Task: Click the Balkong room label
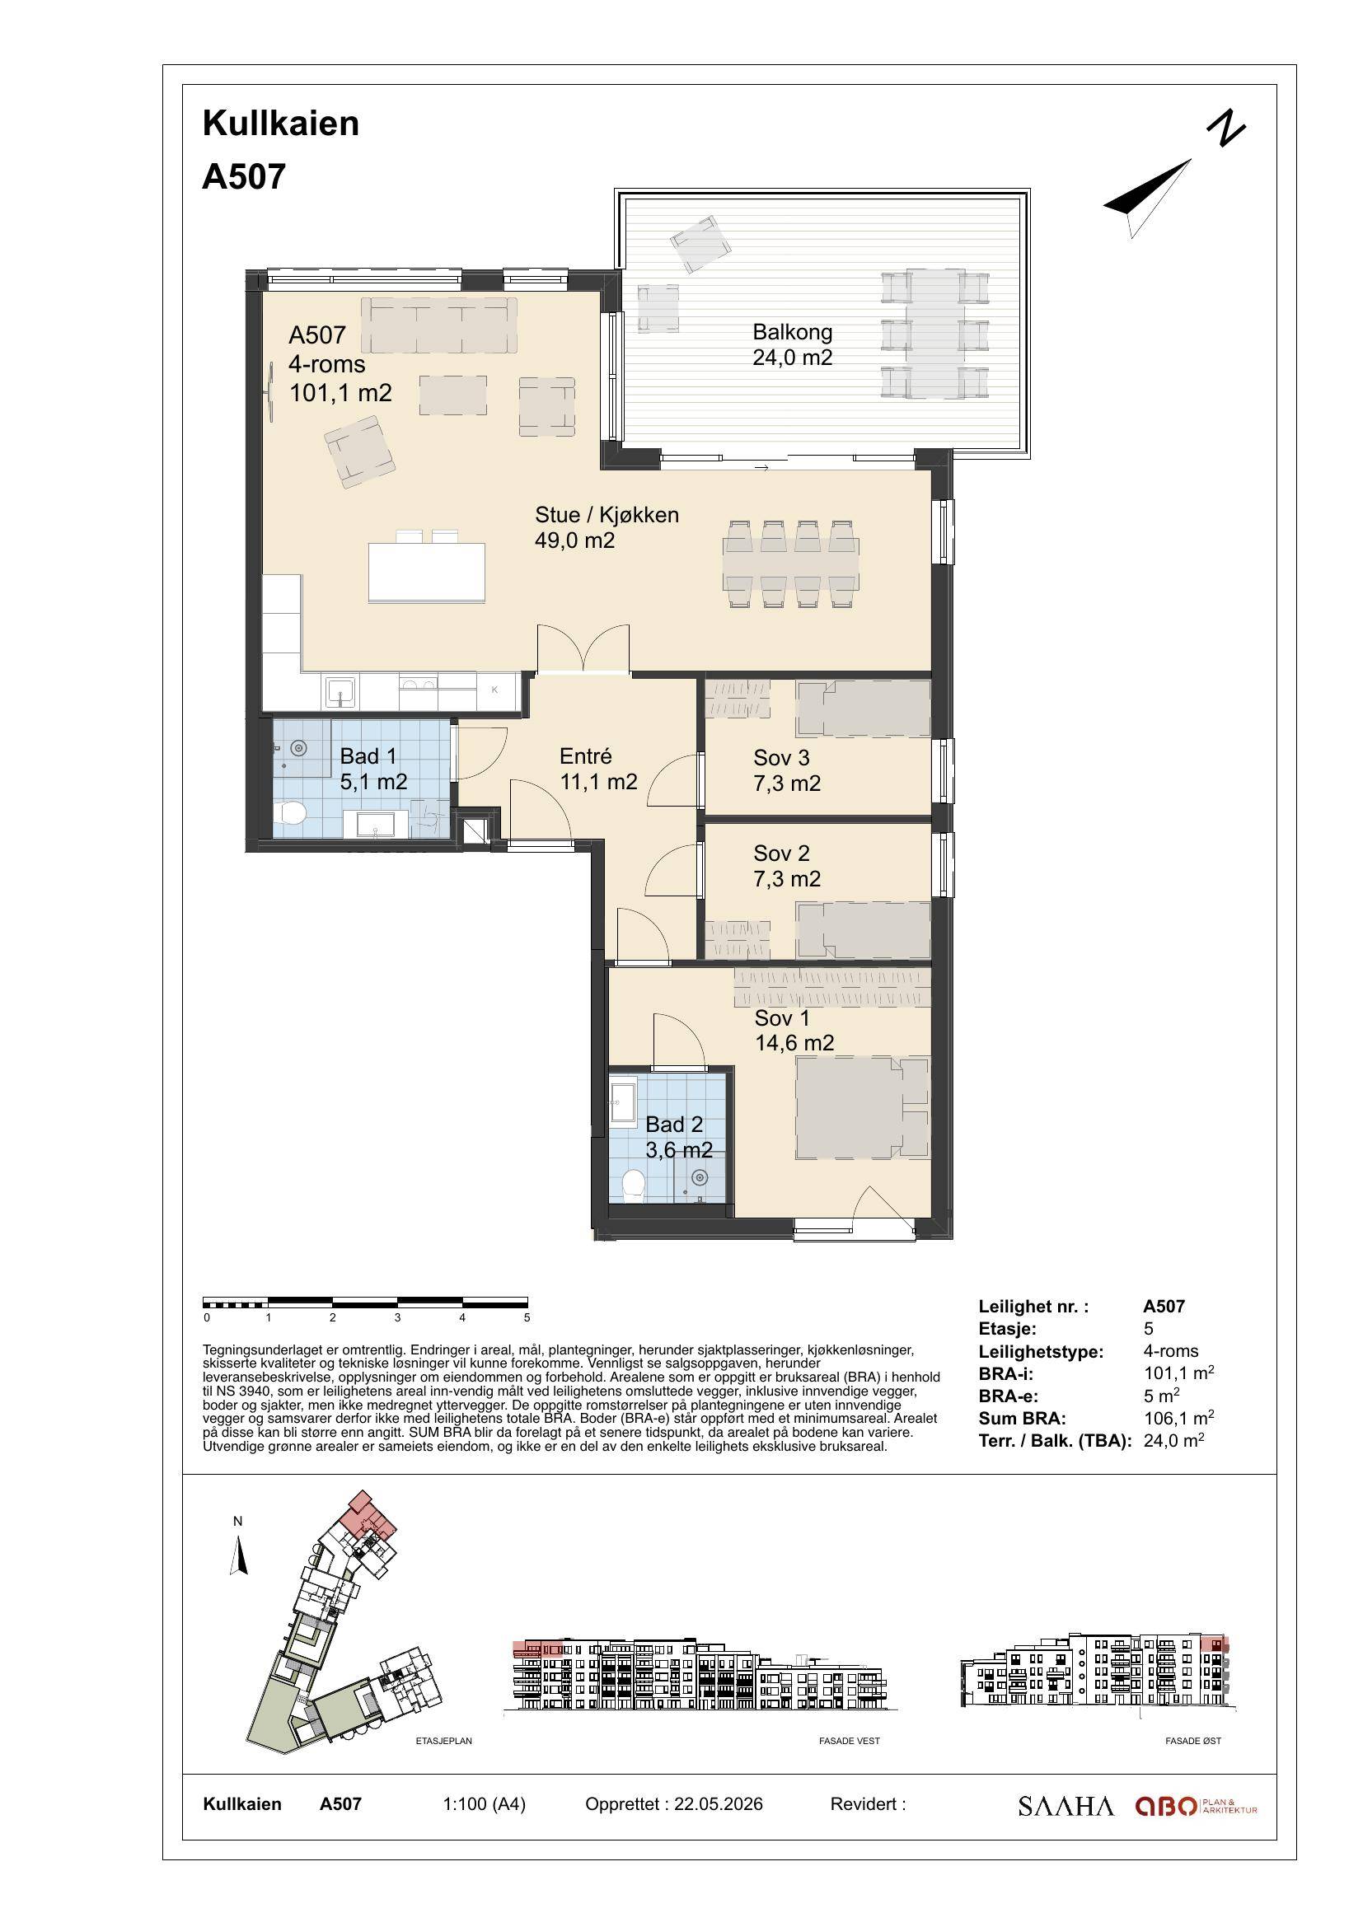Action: pyautogui.click(x=792, y=332)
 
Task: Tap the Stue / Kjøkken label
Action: pyautogui.click(x=607, y=514)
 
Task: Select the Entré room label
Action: pyautogui.click(x=586, y=756)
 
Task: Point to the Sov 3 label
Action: pyautogui.click(x=781, y=758)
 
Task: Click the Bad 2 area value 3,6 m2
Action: pyautogui.click(x=679, y=1149)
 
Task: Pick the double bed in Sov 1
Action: pyautogui.click(x=863, y=1108)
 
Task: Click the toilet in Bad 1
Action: pyautogui.click(x=291, y=813)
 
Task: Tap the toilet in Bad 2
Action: pyautogui.click(x=634, y=1186)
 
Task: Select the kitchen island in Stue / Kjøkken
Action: pyautogui.click(x=426, y=573)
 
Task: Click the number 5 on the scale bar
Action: pyautogui.click(x=527, y=1317)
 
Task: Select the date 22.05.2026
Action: pyautogui.click(x=719, y=1804)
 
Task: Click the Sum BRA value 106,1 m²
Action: pyautogui.click(x=1178, y=1419)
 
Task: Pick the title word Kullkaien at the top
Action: pyautogui.click(x=281, y=124)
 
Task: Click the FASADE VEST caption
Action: pyautogui.click(x=850, y=1741)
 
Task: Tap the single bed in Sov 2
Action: pyautogui.click(x=863, y=930)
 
